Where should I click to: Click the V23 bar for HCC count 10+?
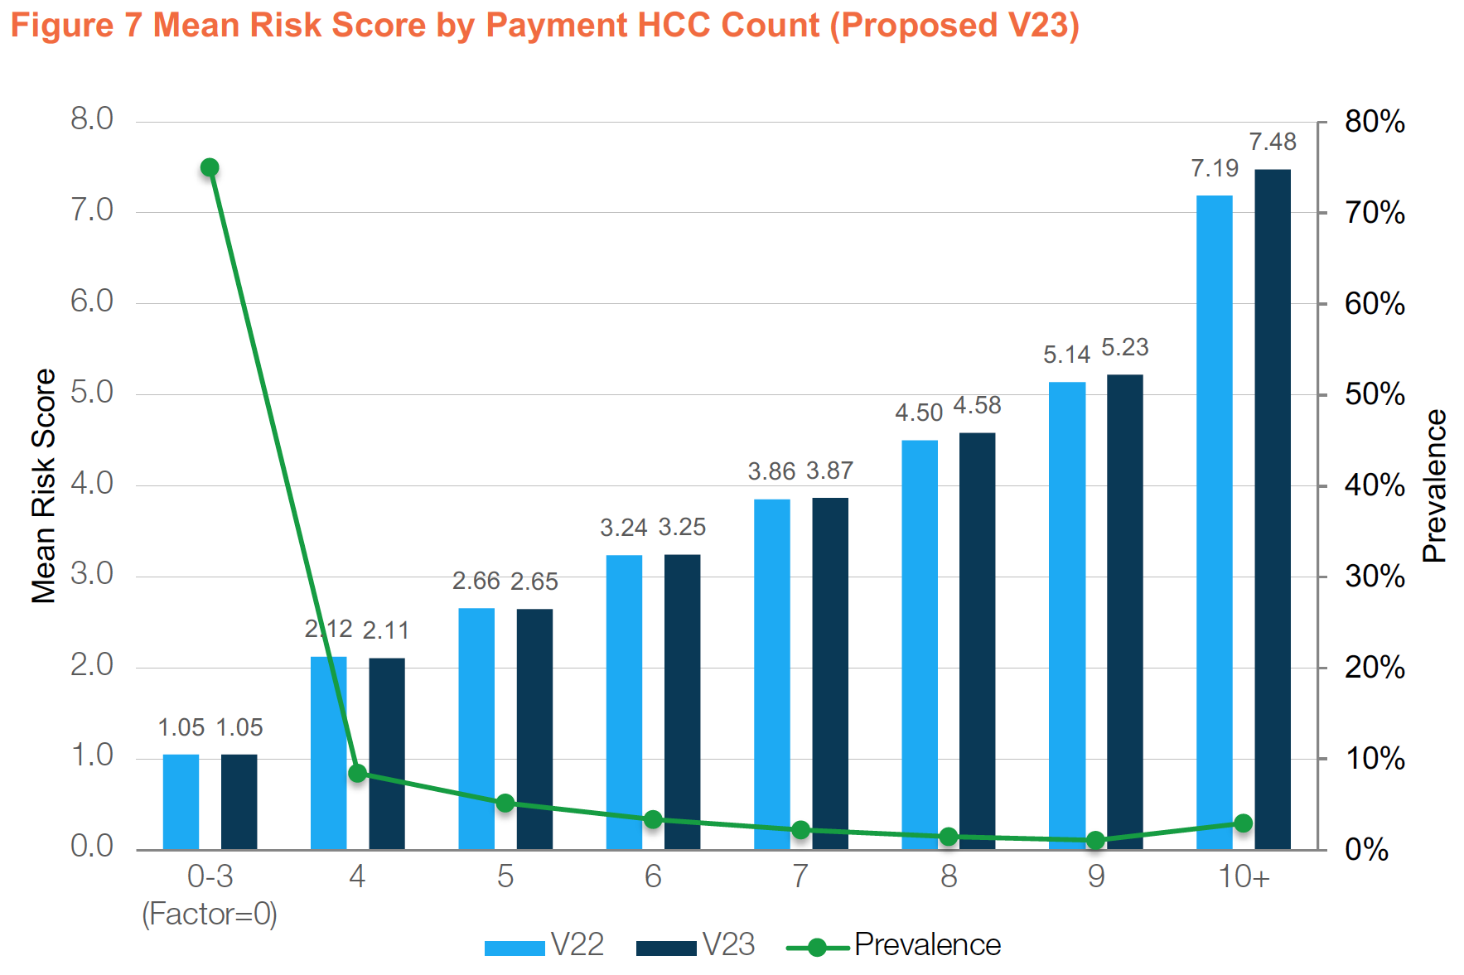point(1272,509)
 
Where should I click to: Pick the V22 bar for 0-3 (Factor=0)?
point(181,802)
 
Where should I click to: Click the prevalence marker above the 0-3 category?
point(210,168)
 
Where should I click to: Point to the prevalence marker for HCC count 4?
point(358,774)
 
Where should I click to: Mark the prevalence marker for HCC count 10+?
point(1243,823)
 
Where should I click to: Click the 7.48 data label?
point(1272,142)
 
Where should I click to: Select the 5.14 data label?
point(1066,355)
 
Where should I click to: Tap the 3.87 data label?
point(829,471)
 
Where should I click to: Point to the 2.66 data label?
point(476,582)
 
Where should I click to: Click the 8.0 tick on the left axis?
point(92,119)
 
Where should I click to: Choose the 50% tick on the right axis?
point(1375,395)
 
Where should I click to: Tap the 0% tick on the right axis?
point(1366,850)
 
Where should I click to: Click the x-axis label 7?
point(800,876)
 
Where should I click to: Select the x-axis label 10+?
point(1243,876)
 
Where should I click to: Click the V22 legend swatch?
point(515,948)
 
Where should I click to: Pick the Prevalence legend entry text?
point(927,945)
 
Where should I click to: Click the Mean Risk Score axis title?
point(43,486)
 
